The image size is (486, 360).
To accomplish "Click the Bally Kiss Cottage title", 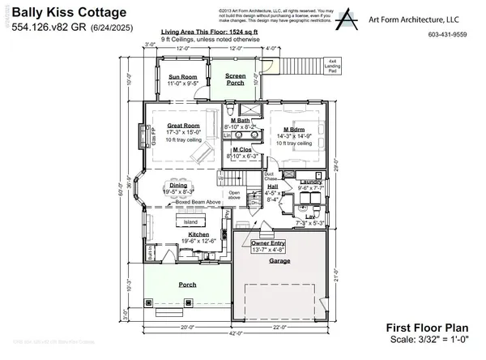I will click(59, 14).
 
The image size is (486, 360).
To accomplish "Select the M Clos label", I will click(241, 149).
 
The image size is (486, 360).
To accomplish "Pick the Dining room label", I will click(178, 186).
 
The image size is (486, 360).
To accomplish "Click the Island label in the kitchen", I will click(190, 221).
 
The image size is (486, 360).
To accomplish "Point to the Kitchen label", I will click(188, 234).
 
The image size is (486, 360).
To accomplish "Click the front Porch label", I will click(187, 284).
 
